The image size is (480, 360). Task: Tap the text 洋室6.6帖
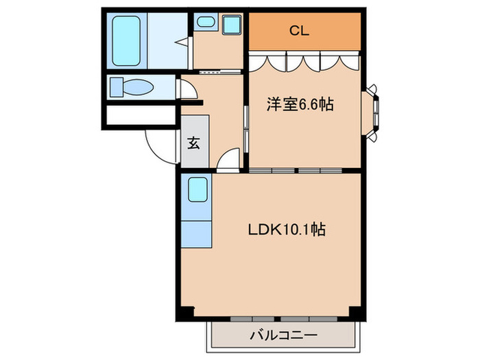click(300, 105)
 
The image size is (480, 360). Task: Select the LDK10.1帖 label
click(286, 230)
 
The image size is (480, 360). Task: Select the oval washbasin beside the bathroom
click(205, 23)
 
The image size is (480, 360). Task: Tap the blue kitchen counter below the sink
click(197, 234)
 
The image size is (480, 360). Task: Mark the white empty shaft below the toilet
click(141, 115)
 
